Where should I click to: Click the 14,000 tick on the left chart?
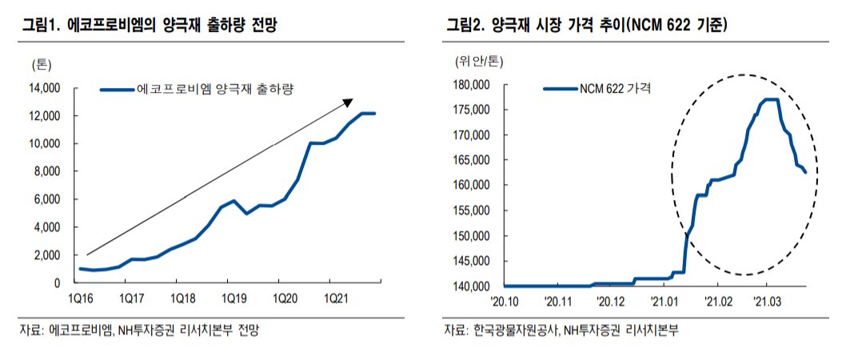coord(46,88)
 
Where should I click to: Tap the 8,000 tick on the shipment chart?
coord(48,171)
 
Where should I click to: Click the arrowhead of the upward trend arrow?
coord(349,102)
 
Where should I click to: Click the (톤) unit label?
coord(42,64)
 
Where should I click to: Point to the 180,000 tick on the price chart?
coord(470,85)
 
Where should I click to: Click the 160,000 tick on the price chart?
coord(470,186)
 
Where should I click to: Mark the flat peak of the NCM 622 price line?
coord(771,99)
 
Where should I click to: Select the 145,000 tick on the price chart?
coord(470,261)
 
